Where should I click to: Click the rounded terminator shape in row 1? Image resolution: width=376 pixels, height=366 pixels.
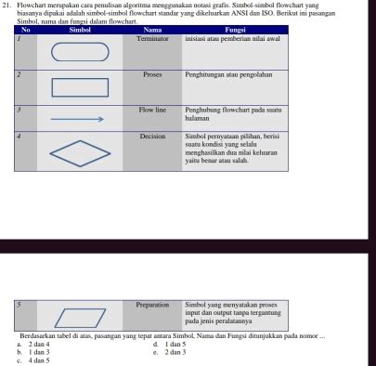tap(79, 53)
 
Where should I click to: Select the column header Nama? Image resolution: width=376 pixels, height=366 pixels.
tap(152, 31)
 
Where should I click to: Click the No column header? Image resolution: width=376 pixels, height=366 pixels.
tap(25, 31)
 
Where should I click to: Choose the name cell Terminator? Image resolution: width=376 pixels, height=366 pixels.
tap(152, 38)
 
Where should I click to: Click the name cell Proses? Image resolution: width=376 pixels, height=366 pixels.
tap(152, 72)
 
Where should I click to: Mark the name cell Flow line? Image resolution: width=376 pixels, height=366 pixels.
tap(152, 110)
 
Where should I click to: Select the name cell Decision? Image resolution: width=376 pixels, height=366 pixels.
tap(152, 136)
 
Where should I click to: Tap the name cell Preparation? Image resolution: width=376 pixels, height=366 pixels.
tap(152, 304)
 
